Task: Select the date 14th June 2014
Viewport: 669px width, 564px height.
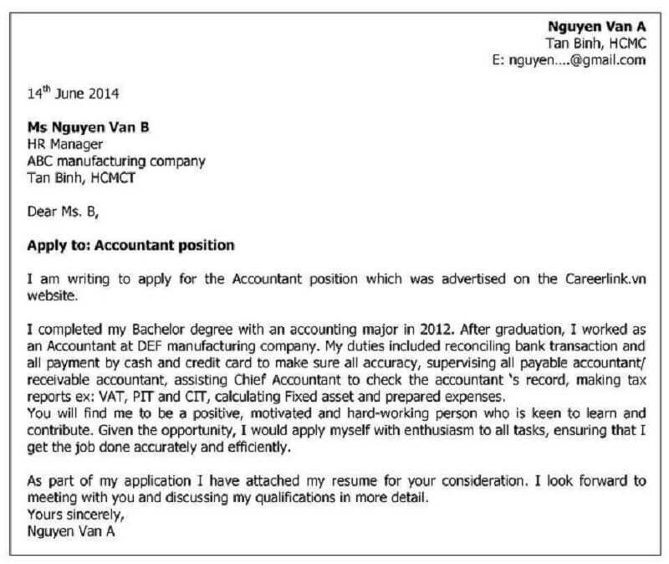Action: tap(73, 94)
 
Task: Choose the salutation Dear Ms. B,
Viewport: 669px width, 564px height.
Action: tap(63, 212)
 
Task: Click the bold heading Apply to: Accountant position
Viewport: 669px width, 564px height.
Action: tap(130, 246)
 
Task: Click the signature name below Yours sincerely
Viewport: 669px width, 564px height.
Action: tap(71, 531)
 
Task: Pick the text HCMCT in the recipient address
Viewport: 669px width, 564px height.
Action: tap(116, 177)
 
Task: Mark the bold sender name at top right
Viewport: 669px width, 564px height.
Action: tap(597, 26)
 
